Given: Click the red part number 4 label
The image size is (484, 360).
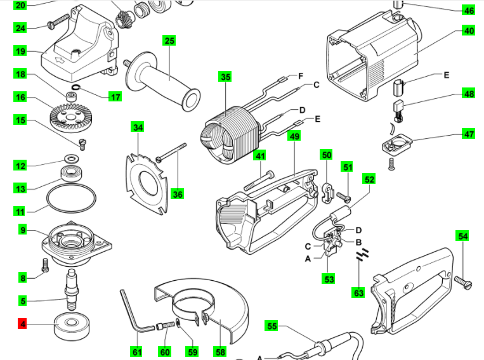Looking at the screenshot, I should (x=23, y=325).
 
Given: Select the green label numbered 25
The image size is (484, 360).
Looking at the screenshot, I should (x=169, y=41).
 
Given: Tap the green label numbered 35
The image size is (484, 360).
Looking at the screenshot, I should (x=225, y=77).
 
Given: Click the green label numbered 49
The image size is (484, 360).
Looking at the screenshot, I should (x=294, y=136).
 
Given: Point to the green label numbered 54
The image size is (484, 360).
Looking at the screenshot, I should (x=463, y=236).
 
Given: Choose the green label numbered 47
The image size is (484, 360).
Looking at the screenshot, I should (x=469, y=134).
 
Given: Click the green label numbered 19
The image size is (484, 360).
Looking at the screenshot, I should (x=21, y=51).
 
